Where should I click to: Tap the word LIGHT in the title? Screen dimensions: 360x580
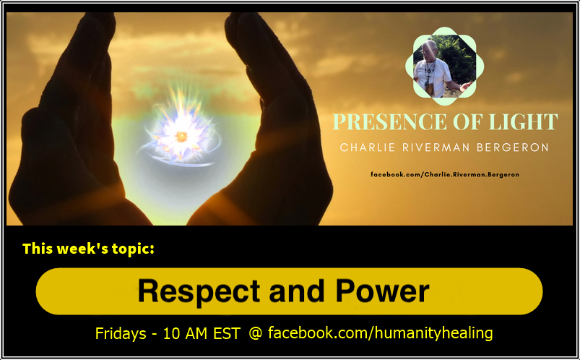coord(519,121)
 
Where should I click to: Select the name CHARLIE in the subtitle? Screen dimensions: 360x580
coord(364,147)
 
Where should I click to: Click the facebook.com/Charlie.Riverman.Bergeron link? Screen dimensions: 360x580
coord(444,175)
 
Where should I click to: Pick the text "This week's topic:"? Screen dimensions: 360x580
coord(88,249)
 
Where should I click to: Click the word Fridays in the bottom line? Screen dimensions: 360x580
coord(121,333)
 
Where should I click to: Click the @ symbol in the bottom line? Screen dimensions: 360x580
coord(256,333)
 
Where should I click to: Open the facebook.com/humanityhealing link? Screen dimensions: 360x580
coord(380,333)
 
